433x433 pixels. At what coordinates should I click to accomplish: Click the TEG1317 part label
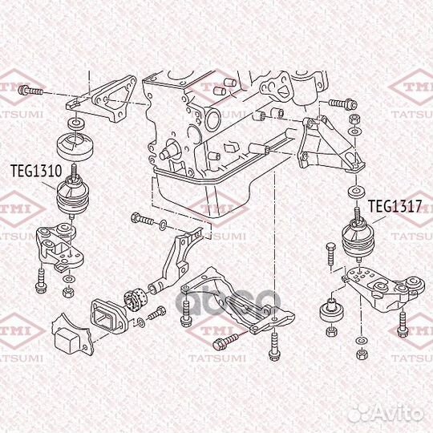tap(394, 206)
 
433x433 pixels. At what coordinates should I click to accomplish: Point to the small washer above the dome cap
tap(74, 123)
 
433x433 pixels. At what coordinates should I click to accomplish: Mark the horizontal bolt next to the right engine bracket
tap(341, 103)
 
